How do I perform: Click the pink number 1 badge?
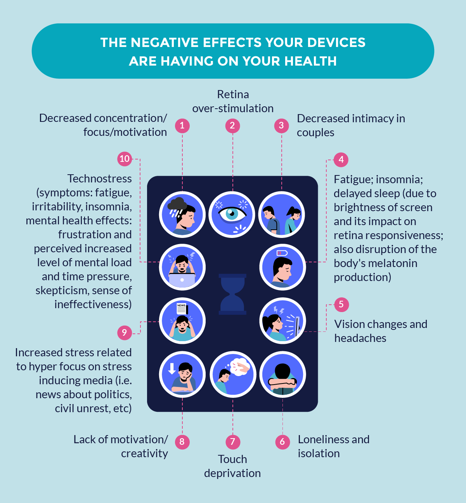point(182,126)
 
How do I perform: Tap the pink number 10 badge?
point(125,159)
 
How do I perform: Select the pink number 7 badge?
point(232,442)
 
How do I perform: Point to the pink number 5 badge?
point(341,304)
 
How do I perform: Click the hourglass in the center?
point(232,294)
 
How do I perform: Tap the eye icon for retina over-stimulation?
point(232,214)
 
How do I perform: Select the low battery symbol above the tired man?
point(282,253)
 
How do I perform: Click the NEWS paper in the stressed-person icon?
point(182,309)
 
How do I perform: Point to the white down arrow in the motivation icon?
point(172,368)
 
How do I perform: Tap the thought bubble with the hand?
point(241,366)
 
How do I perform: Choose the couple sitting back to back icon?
point(282,215)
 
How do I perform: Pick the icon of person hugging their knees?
point(282,375)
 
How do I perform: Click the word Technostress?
point(99,179)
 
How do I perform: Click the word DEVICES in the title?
point(336,43)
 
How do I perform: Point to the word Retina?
point(233,94)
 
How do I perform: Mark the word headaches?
point(360,338)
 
